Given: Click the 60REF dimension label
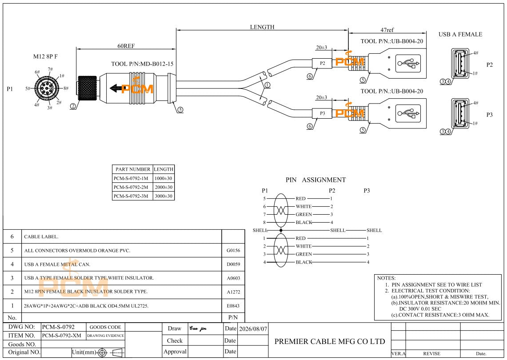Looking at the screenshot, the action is click(126, 46).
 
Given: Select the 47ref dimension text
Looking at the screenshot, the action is click(387, 30).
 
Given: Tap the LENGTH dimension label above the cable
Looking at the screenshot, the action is click(262, 27).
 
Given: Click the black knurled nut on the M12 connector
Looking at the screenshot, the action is click(87, 88).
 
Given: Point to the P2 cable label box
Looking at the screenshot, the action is click(322, 63).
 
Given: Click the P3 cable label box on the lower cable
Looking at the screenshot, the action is click(322, 113).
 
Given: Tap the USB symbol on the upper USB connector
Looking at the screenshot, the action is click(408, 63).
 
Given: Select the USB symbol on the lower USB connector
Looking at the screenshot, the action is click(408, 113).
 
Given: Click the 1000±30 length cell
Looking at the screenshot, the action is click(163, 178).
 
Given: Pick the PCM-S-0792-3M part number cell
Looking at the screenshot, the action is click(131, 196).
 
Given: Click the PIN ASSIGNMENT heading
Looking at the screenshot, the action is click(315, 180).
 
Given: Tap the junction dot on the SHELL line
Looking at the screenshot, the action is click(281, 230).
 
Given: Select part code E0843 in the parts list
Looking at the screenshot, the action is click(233, 306).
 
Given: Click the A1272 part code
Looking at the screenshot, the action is click(233, 292).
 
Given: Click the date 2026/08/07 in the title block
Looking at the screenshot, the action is click(253, 329).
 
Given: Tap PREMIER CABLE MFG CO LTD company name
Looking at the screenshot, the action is click(330, 342).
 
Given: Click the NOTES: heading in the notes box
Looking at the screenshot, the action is click(386, 278).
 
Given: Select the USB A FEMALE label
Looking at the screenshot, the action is click(460, 34).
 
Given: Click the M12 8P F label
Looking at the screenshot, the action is click(45, 56).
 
